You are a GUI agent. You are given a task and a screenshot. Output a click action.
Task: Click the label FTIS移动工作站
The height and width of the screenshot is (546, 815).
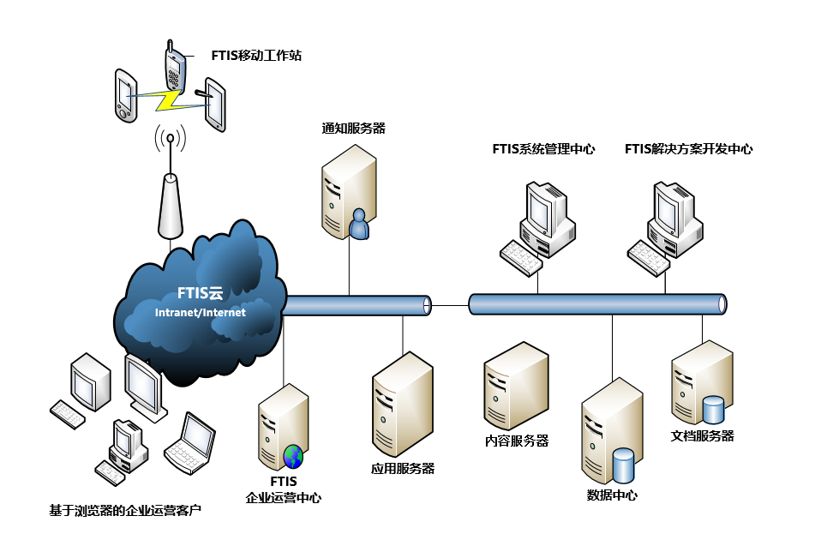(x=256, y=56)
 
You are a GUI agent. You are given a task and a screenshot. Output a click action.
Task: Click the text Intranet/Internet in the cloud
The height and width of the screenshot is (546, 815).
(x=200, y=313)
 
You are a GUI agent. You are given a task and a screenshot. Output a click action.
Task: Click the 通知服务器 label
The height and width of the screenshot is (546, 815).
(x=354, y=129)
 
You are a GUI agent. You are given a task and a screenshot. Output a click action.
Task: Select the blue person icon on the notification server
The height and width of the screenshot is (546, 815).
(x=358, y=225)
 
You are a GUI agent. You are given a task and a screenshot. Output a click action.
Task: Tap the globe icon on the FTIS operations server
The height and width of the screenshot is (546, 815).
(x=293, y=455)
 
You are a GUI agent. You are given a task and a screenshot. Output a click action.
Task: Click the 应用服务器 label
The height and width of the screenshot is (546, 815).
(x=402, y=469)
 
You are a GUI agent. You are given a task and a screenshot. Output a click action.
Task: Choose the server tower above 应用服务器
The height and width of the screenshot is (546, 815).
(x=402, y=403)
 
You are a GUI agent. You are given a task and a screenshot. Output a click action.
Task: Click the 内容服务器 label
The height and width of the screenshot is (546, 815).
(x=516, y=441)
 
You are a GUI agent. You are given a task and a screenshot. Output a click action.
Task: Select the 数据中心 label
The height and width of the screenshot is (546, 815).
(x=612, y=495)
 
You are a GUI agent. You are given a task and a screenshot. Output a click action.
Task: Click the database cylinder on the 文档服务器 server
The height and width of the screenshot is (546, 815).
(x=714, y=409)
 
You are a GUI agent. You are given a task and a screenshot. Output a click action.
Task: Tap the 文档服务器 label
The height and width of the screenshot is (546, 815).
(x=702, y=435)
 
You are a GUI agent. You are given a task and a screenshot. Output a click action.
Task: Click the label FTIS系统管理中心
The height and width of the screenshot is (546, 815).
(x=543, y=149)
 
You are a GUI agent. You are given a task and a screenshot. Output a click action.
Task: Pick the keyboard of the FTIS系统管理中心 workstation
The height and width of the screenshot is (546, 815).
(x=522, y=255)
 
